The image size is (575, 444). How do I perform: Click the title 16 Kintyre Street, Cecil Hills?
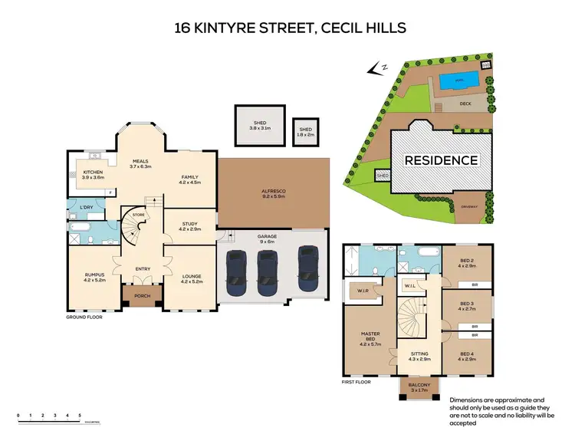pyautogui.click(x=287, y=29)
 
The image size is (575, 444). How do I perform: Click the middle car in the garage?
pyautogui.click(x=267, y=272)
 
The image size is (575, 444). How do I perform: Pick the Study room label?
pyautogui.click(x=189, y=227)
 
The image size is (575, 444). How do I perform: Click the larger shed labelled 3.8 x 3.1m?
pyautogui.click(x=259, y=125)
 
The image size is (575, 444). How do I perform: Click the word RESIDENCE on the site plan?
pyautogui.click(x=441, y=161)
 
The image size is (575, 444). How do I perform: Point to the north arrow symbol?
pyautogui.click(x=376, y=69)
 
